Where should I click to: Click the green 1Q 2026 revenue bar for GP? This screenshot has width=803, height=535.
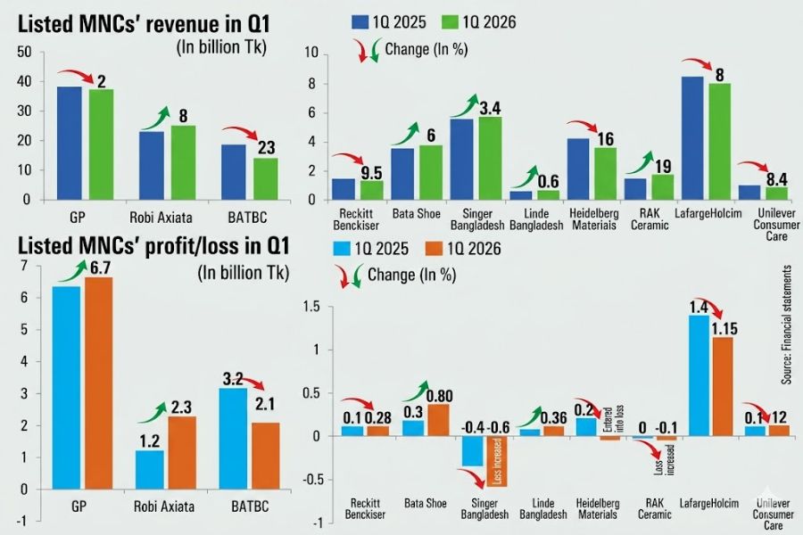tap(101, 144)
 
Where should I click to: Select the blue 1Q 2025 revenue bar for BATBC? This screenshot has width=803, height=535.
tap(234, 172)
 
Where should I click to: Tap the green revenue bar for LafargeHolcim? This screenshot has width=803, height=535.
tap(719, 141)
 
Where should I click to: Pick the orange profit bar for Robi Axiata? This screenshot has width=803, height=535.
tap(182, 453)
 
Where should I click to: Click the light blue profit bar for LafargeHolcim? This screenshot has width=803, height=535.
tap(699, 375)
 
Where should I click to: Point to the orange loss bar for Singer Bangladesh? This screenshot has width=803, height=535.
tap(496, 461)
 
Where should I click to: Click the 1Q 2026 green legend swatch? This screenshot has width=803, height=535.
tap(449, 22)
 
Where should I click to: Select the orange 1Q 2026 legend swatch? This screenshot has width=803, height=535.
tap(434, 250)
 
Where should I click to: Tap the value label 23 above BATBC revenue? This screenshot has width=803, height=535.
tap(266, 148)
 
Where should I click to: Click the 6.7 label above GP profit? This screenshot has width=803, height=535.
tap(100, 267)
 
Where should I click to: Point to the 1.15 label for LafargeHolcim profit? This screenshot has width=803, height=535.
tap(724, 329)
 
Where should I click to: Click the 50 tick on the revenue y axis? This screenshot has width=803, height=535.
tap(25, 53)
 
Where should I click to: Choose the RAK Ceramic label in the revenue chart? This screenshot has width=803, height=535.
tap(650, 219)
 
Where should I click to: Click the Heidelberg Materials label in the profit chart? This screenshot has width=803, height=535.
tap(598, 509)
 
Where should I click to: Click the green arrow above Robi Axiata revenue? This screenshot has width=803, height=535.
tap(155, 119)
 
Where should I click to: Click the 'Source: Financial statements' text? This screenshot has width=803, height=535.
tap(785, 325)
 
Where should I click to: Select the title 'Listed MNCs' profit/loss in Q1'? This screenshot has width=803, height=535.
tap(153, 246)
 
